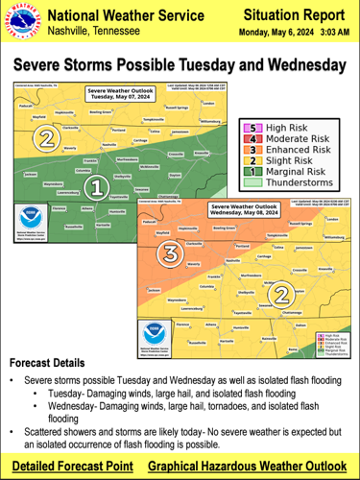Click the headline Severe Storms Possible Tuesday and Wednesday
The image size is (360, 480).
pyautogui.click(x=180, y=64)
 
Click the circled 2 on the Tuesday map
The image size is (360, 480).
pyautogui.click(x=45, y=137)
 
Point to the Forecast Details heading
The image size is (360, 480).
pyautogui.click(x=54, y=365)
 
